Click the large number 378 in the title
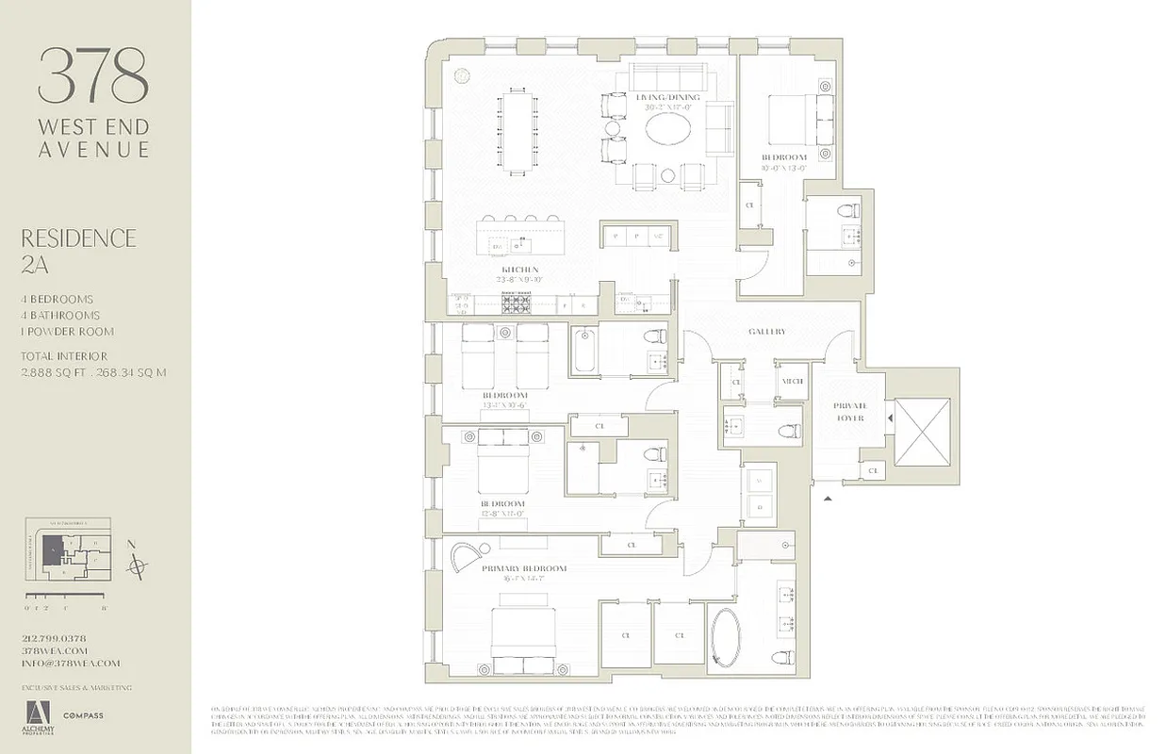coord(93,76)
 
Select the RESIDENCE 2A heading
coord(78,250)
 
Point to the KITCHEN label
coord(518,270)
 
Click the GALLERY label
coord(766,332)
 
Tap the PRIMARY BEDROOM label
coord(524,568)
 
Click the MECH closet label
coord(792,381)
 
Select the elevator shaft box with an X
coord(922,432)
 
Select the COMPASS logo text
coord(84,716)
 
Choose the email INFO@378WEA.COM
coord(72,663)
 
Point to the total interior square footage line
coord(93,371)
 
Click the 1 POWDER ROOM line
coord(68,332)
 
